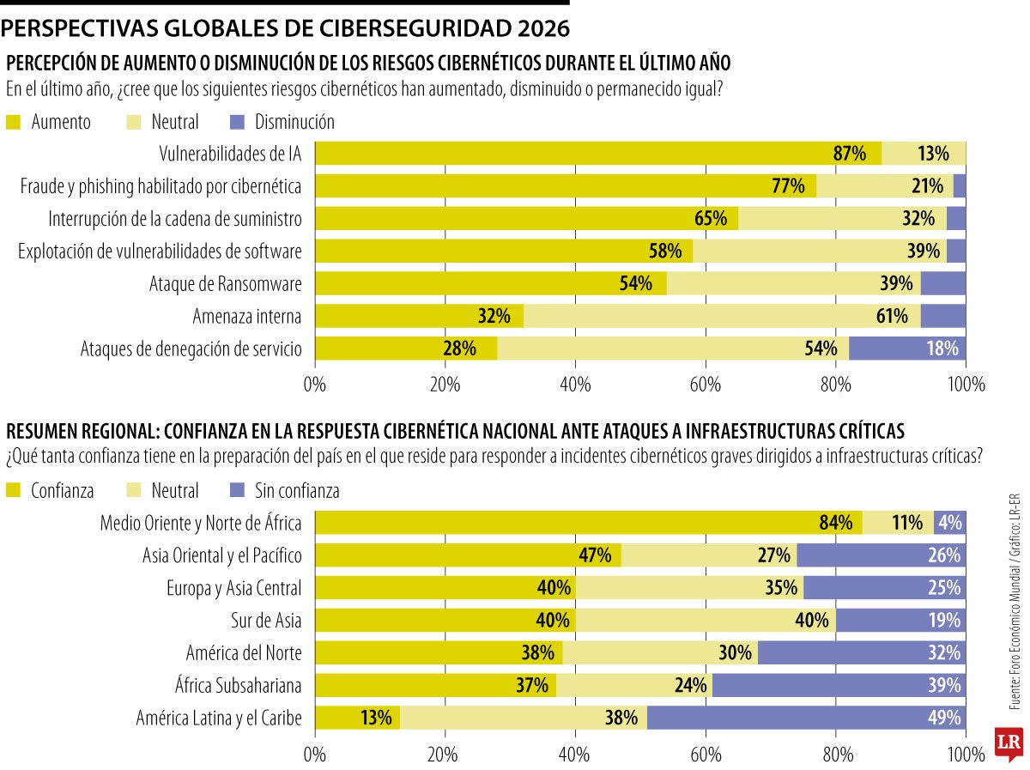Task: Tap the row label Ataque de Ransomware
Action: coord(225,284)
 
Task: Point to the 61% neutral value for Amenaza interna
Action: coord(892,316)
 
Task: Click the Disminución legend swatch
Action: coord(239,122)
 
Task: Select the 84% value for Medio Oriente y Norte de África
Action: coord(835,523)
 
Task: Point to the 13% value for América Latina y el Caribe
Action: coord(376,718)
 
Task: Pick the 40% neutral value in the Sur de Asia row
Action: coord(812,620)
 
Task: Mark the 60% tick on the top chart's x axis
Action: coord(705,385)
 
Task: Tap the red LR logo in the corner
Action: coord(1010,745)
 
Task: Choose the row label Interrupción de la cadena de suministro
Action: coord(175,219)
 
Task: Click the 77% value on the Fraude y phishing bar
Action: coord(788,186)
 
